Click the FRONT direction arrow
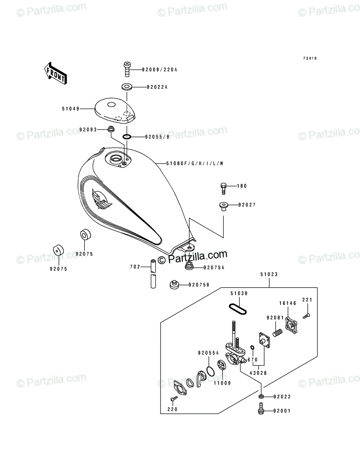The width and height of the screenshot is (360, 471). pos(56,73)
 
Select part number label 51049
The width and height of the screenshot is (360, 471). pos(71,109)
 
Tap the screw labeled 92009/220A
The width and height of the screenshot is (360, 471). pos(127,69)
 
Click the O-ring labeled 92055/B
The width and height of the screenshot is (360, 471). pos(127,137)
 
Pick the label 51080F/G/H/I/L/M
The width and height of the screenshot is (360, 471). pos(195,164)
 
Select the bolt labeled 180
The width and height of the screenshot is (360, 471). pos(223,188)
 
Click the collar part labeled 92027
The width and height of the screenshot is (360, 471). pos(223,206)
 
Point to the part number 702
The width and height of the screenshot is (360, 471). pos(135,267)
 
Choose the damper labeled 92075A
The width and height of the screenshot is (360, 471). pos(189,266)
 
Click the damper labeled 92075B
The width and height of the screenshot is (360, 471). pos(174,285)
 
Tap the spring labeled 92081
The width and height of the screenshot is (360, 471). pos(278,333)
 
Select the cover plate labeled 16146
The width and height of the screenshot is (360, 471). pos(291,325)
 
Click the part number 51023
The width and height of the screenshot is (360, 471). pos(269,274)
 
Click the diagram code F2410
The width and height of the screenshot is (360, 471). pos(310,58)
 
